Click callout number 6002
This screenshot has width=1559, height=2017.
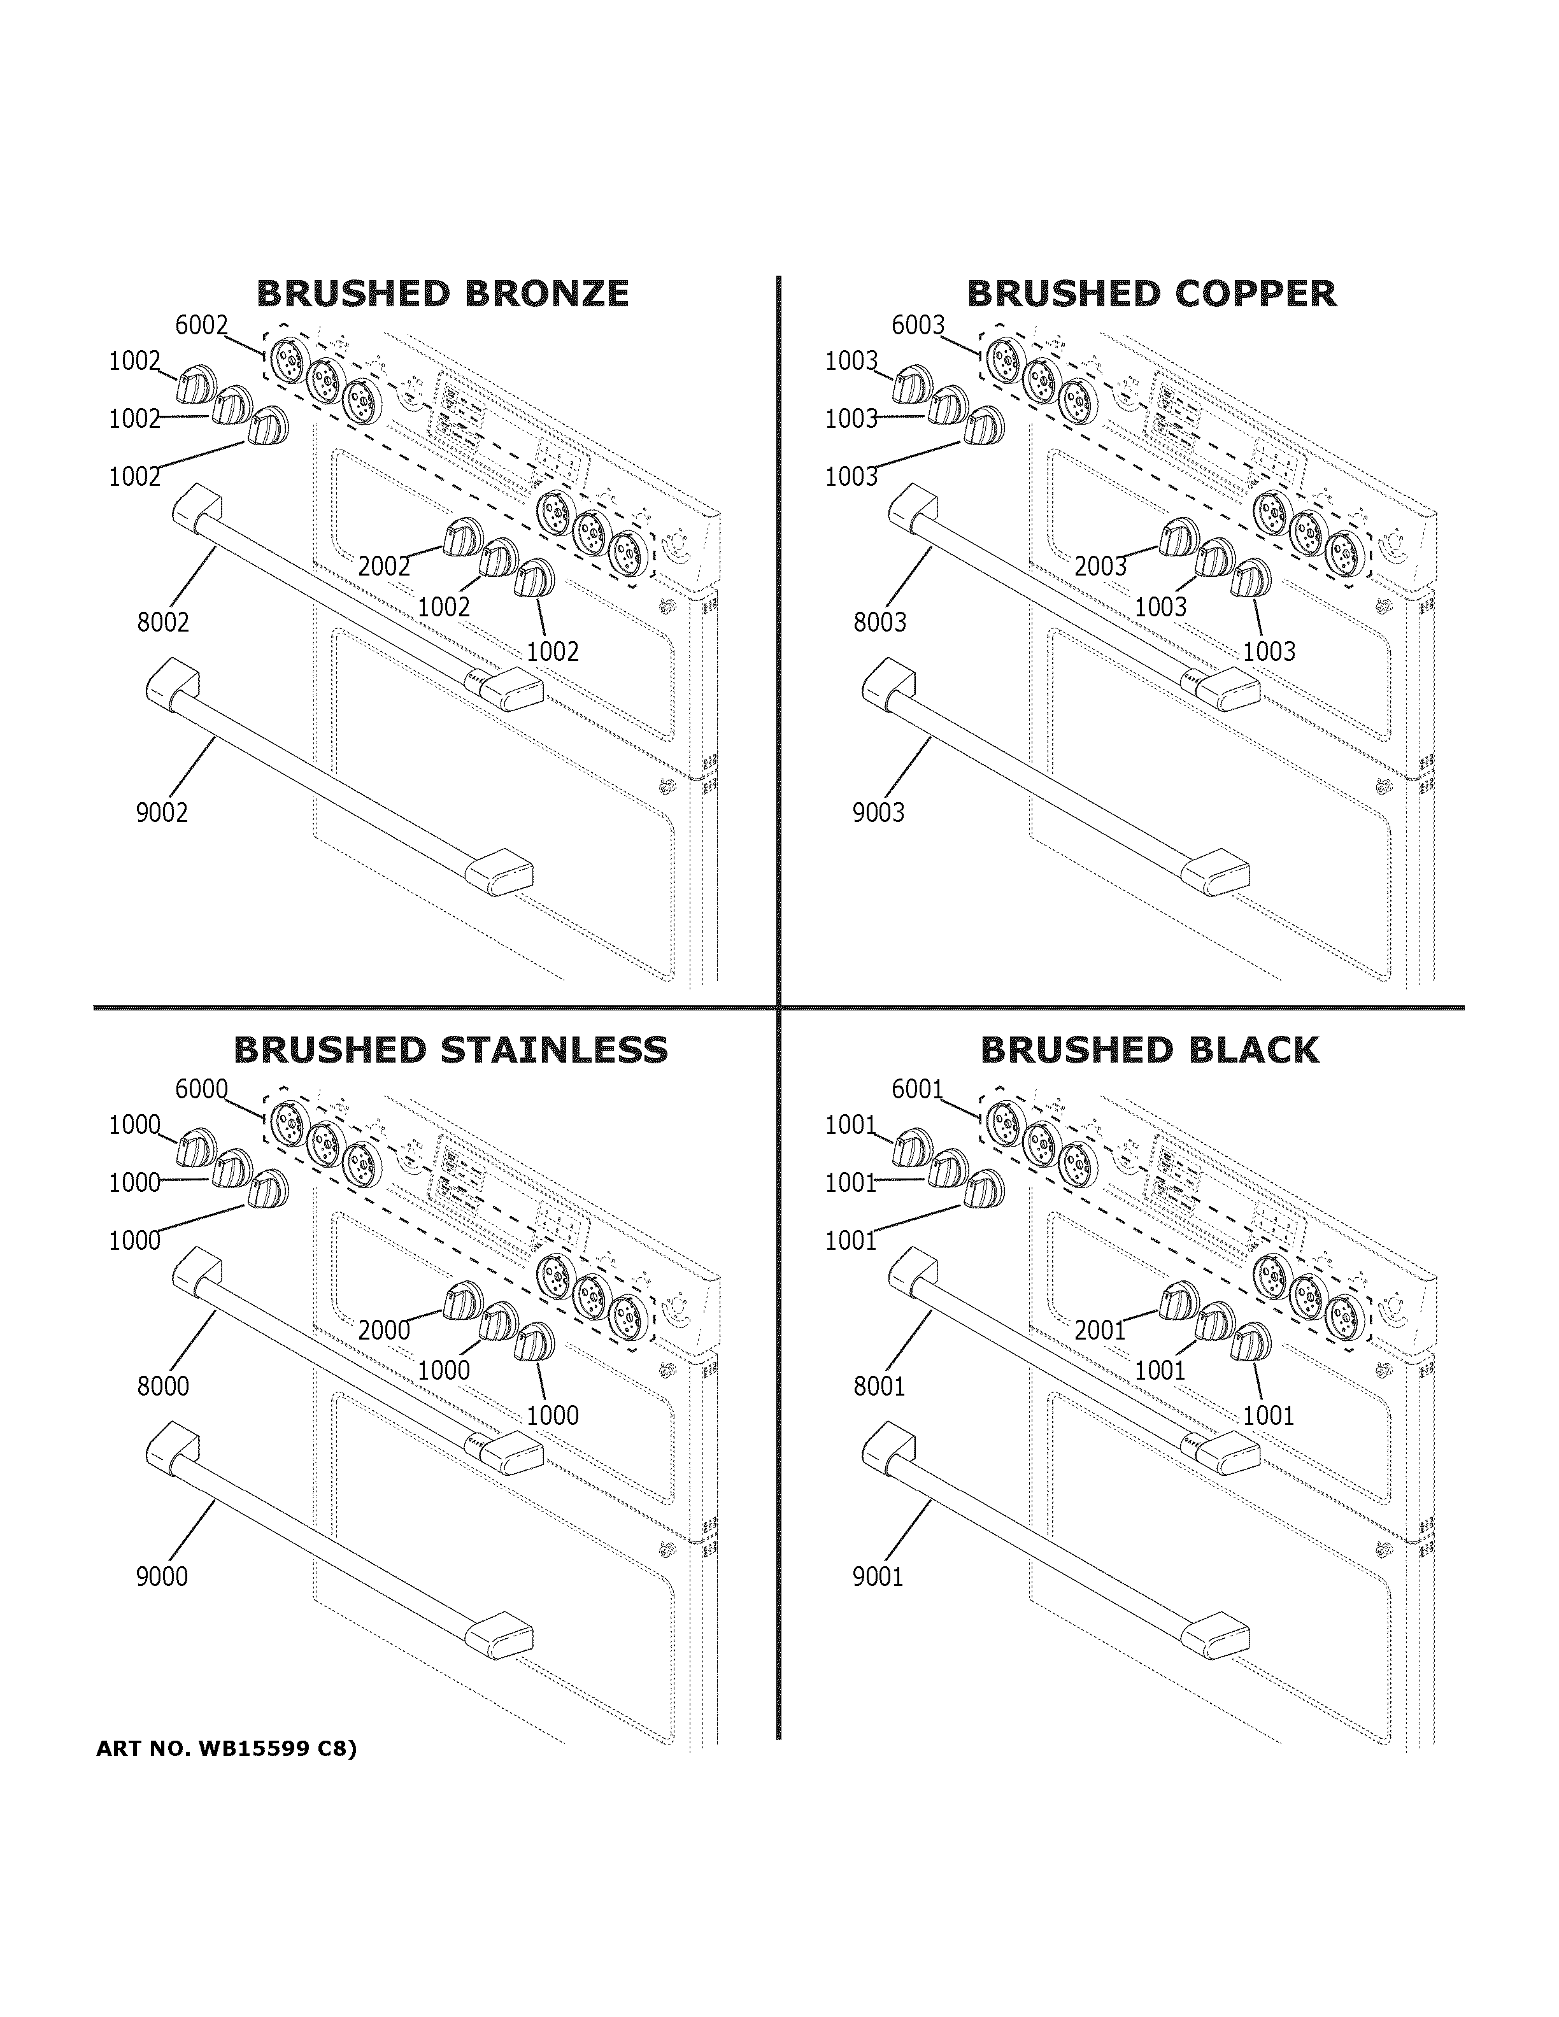pos(201,325)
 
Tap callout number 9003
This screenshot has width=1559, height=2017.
pos(878,812)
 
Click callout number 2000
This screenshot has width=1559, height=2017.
pos(383,1331)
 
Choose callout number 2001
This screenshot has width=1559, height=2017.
pos(1099,1331)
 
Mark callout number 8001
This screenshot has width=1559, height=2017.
pos(879,1386)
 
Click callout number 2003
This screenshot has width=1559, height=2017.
pos(1100,566)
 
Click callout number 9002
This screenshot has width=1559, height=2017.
pos(162,812)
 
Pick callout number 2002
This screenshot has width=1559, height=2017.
pos(383,566)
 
